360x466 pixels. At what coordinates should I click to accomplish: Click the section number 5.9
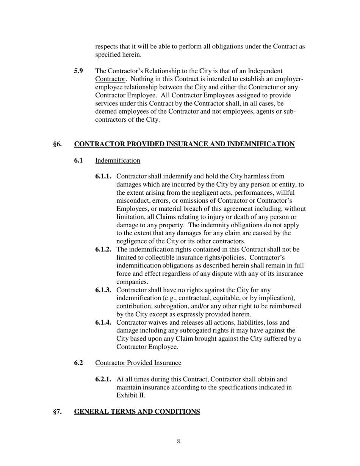[79, 71]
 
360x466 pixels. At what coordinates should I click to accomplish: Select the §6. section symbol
[58, 144]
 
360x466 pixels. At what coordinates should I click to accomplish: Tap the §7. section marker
[58, 412]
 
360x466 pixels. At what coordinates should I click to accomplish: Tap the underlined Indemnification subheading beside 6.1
[117, 161]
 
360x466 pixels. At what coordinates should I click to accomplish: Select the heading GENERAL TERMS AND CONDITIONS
[137, 412]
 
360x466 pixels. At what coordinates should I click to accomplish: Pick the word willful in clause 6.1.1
[285, 193]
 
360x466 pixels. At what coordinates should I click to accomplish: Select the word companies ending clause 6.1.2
[132, 282]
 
